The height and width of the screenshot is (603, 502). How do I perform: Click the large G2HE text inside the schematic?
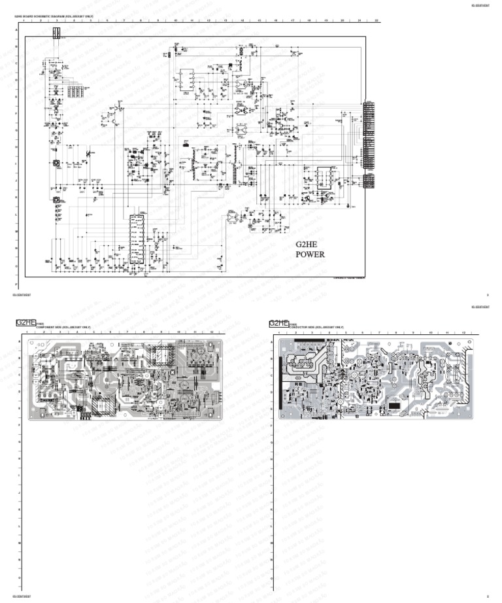[307, 244]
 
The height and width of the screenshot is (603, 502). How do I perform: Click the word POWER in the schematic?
[310, 255]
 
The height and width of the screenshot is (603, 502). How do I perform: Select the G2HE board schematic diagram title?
[58, 16]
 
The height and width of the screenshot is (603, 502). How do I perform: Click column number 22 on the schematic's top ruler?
[376, 21]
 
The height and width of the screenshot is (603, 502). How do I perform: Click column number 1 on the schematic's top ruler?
[23, 21]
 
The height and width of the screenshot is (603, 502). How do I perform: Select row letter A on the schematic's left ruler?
[17, 29]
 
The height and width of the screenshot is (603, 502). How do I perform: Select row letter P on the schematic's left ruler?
[17, 285]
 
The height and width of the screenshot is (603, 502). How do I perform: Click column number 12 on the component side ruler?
[211, 333]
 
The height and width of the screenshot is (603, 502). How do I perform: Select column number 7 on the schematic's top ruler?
[124, 21]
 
